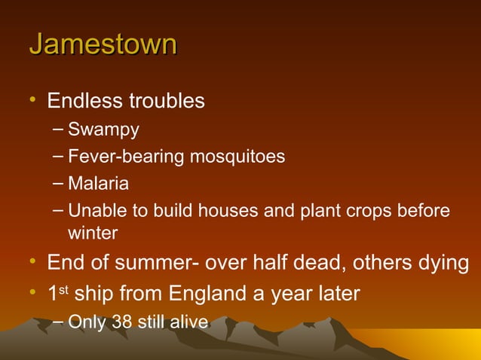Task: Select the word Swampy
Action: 103,130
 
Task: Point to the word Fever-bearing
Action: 120,157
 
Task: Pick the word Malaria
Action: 98,184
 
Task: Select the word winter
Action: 93,233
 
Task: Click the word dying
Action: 445,264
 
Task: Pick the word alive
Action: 188,322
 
